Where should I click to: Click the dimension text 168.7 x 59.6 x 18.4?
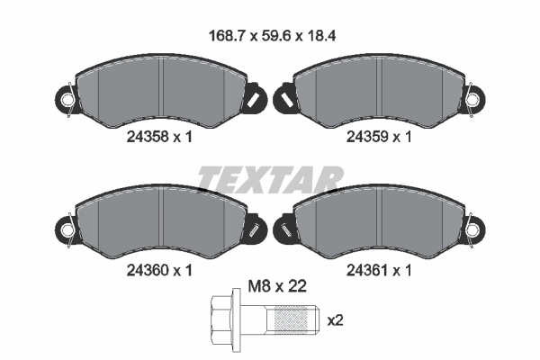point(272,36)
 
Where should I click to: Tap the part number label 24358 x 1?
point(159,137)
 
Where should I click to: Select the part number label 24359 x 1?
point(379,137)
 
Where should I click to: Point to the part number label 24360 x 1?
point(159,270)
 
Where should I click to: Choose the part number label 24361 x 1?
point(379,270)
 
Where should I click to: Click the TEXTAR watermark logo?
point(270,179)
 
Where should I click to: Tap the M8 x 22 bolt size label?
point(277,286)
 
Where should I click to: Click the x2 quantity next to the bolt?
point(335,320)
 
